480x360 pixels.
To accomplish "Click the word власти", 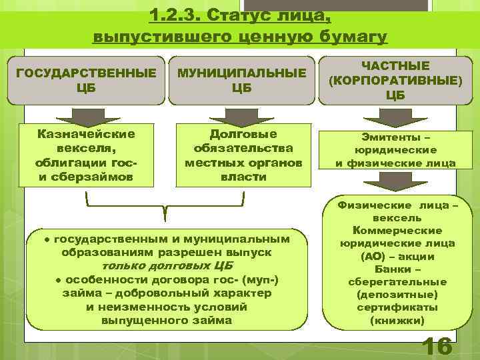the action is [243, 177].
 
